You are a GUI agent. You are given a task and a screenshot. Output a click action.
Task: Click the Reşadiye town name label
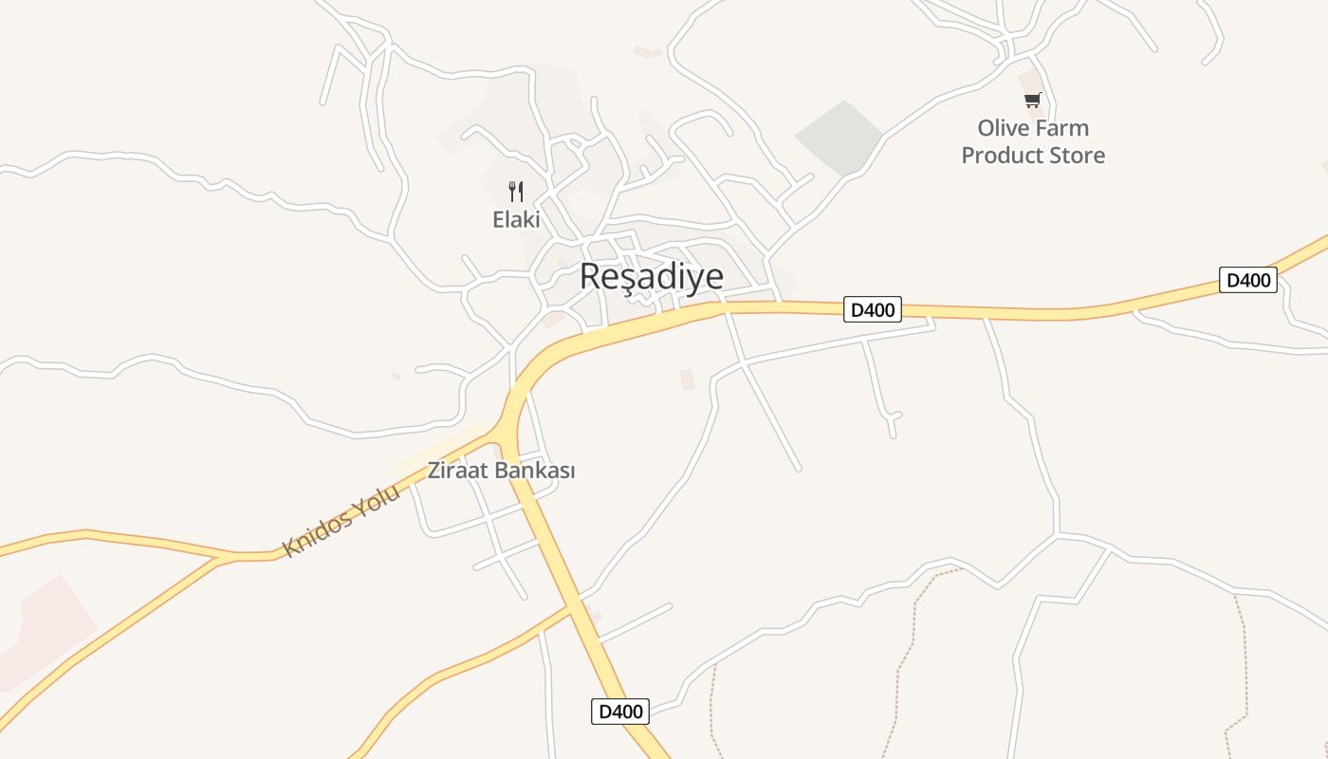coord(651,276)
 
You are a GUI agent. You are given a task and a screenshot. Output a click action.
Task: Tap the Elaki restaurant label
coord(516,219)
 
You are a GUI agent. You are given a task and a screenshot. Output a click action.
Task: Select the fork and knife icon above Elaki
coord(516,192)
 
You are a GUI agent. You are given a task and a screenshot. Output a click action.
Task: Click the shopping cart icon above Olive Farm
coord(1032,100)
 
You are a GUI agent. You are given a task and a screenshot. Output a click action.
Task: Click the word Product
coord(1001,155)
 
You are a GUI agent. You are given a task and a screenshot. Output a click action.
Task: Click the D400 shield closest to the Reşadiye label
coord(872,309)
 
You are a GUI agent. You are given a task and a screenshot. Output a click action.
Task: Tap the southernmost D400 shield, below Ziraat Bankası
coord(620,712)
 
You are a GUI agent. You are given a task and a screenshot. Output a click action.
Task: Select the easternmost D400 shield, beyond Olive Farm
coord(1247,280)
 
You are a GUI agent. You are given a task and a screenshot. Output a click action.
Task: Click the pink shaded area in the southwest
coord(43,631)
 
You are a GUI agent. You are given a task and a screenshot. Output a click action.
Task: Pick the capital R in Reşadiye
coord(590,276)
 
